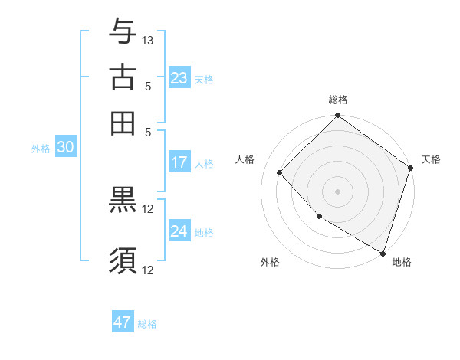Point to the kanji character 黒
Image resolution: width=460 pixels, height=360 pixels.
pyautogui.click(x=123, y=201)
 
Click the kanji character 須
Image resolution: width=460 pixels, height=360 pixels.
pyautogui.click(x=123, y=260)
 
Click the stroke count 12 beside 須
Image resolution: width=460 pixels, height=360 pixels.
pyautogui.click(x=148, y=269)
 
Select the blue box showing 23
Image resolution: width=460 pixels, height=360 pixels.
pyautogui.click(x=179, y=78)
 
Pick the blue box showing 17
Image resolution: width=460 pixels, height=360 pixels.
pyautogui.click(x=179, y=162)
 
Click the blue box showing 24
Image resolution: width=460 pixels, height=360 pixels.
pyautogui.click(x=179, y=231)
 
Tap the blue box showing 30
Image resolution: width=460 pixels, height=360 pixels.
pyautogui.click(x=65, y=148)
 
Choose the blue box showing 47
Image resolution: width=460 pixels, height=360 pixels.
pyautogui.click(x=123, y=322)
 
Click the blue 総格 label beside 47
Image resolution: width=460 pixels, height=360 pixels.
pyautogui.click(x=147, y=324)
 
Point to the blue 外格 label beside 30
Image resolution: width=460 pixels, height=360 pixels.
pyautogui.click(x=41, y=149)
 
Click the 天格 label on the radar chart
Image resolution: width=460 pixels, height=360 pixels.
pyautogui.click(x=431, y=159)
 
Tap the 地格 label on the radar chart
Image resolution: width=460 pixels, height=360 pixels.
pyautogui.click(x=402, y=262)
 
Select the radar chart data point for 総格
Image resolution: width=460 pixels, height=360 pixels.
pyautogui.click(x=337, y=116)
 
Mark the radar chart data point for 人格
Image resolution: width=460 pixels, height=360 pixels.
pyautogui.click(x=280, y=172)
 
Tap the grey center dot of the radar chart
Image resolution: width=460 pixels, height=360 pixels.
pyautogui.click(x=337, y=191)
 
